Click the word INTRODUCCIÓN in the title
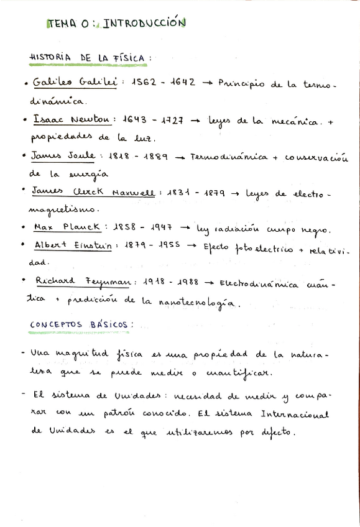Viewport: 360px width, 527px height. [x=144, y=24]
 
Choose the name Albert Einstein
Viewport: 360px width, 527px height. [x=73, y=245]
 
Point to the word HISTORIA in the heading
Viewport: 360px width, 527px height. [x=52, y=58]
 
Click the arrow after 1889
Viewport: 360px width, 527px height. [x=180, y=157]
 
